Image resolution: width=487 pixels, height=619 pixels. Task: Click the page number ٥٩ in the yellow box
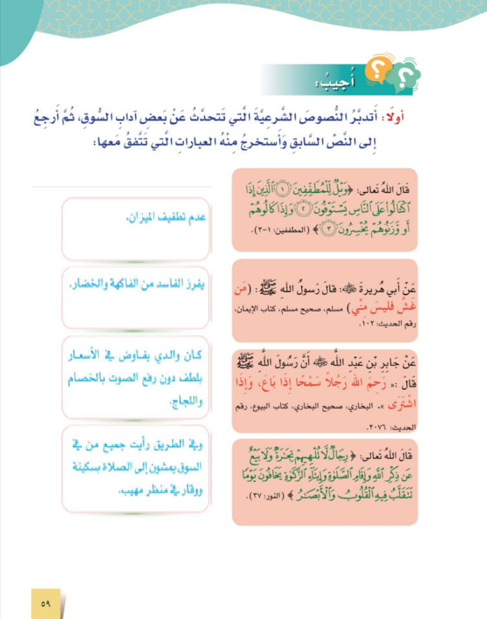click(x=45, y=605)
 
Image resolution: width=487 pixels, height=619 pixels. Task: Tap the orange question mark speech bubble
click(x=375, y=70)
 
